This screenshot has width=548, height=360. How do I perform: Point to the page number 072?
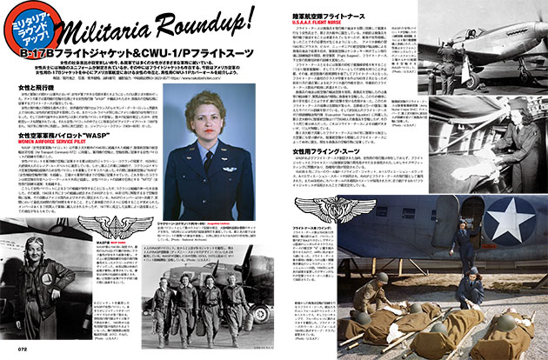point(13,352)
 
